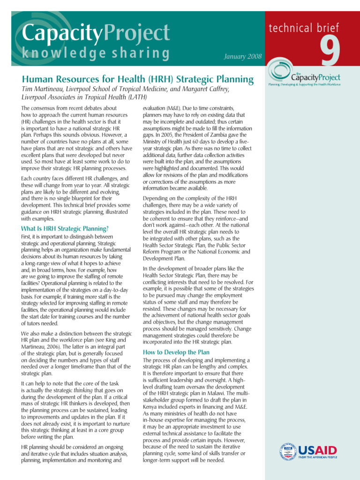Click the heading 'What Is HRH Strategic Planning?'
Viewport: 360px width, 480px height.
pyautogui.click(x=65, y=229)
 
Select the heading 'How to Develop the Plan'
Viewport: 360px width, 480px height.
pyautogui.click(x=176, y=352)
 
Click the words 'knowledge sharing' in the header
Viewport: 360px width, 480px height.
pyautogui.click(x=96, y=53)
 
